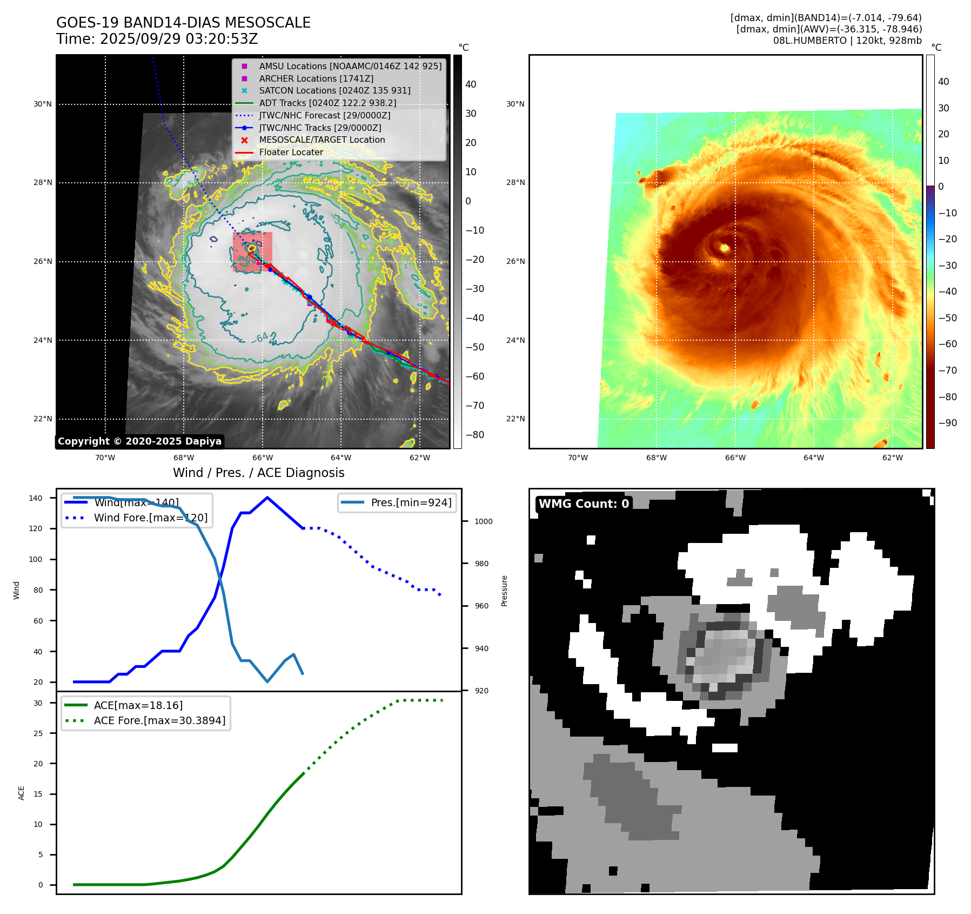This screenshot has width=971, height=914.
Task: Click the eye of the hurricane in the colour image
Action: [725, 248]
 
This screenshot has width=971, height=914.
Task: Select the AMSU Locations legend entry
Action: [350, 66]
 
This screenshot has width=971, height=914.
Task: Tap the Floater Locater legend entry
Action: [291, 153]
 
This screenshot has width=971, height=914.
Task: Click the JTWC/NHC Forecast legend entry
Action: [324, 115]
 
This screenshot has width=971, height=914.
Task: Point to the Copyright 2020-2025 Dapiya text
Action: [139, 441]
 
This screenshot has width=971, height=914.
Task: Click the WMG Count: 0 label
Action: [584, 504]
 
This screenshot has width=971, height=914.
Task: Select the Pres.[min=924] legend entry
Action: [411, 502]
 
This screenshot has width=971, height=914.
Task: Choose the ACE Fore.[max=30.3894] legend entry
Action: [159, 720]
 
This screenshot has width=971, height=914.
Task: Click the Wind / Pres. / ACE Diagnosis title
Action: [258, 473]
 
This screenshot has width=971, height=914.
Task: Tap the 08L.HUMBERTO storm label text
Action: [847, 41]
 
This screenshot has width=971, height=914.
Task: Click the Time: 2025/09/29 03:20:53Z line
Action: [157, 39]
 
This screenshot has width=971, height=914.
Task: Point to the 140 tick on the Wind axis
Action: [36, 498]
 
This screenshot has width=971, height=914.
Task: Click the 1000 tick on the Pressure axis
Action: [484, 522]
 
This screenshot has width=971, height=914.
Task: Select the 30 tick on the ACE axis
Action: [38, 703]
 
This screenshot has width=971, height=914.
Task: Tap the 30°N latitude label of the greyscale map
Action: [43, 104]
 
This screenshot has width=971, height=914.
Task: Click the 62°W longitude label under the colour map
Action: [892, 458]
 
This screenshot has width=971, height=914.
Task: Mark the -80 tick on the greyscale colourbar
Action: [475, 435]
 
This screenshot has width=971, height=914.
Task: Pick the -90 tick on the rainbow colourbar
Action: [947, 423]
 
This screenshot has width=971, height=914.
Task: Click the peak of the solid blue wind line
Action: [267, 498]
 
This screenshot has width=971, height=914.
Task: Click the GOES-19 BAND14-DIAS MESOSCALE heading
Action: [183, 23]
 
